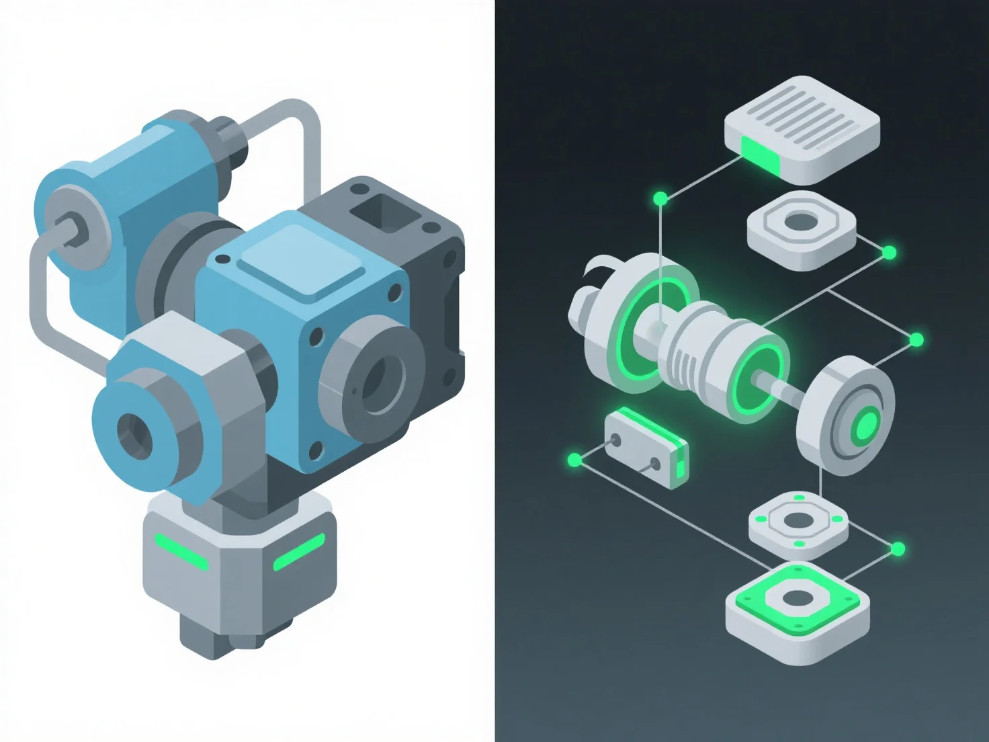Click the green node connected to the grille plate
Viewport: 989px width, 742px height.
pyautogui.click(x=660, y=198)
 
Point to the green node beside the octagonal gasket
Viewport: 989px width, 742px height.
pyautogui.click(x=889, y=253)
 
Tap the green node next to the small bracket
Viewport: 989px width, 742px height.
pyautogui.click(x=574, y=460)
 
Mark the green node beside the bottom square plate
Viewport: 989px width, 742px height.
pyautogui.click(x=898, y=550)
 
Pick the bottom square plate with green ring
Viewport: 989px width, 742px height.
pyautogui.click(x=796, y=610)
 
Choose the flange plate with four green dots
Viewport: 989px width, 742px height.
pyautogui.click(x=798, y=523)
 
